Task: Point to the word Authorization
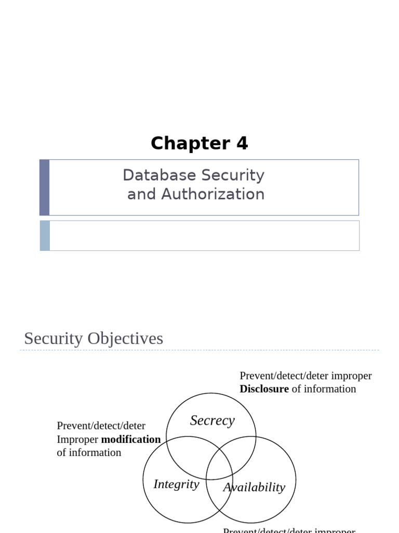pos(212,194)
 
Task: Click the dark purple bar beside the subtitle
pos(45,187)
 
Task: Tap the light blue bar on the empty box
pos(45,235)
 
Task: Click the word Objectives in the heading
pos(125,338)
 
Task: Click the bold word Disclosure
pos(264,389)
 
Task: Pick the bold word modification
pos(131,439)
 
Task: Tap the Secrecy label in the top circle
pos(212,420)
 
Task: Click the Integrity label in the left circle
pos(176,484)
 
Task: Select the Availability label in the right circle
pos(254,487)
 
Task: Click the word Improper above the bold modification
pos(77,439)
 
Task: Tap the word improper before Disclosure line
pos(352,376)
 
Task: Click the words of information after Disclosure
pos(324,389)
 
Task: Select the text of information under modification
pos(89,452)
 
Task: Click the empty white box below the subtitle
pos(204,235)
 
